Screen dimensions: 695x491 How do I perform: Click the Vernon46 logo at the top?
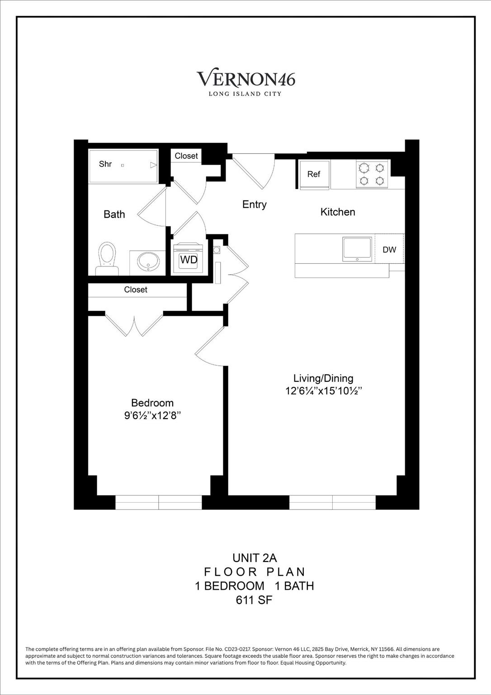pyautogui.click(x=245, y=80)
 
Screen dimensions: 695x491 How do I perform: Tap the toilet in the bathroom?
pyautogui.click(x=107, y=258)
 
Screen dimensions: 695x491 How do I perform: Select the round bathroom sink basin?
pyautogui.click(x=148, y=261)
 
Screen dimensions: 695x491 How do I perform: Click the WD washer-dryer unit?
pyautogui.click(x=189, y=259)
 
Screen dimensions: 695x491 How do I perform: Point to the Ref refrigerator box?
pyautogui.click(x=314, y=174)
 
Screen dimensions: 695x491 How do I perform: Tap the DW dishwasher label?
pyautogui.click(x=389, y=250)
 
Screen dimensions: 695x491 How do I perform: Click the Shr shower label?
pyautogui.click(x=105, y=164)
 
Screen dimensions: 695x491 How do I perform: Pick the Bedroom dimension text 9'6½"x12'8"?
pyautogui.click(x=153, y=415)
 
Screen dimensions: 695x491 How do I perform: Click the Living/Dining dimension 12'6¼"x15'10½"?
pyautogui.click(x=324, y=391)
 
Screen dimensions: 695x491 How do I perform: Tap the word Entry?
pyautogui.click(x=255, y=205)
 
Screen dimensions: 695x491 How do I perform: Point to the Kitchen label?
pyautogui.click(x=338, y=212)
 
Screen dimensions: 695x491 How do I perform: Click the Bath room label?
pyautogui.click(x=114, y=214)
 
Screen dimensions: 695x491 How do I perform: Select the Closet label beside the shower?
pyautogui.click(x=186, y=156)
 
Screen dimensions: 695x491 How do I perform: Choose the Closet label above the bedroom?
pyautogui.click(x=136, y=290)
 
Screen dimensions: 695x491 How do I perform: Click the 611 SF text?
pyautogui.click(x=254, y=600)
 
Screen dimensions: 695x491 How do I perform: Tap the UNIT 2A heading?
pyautogui.click(x=254, y=558)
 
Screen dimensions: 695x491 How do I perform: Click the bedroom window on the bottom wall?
pyautogui.click(x=159, y=502)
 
